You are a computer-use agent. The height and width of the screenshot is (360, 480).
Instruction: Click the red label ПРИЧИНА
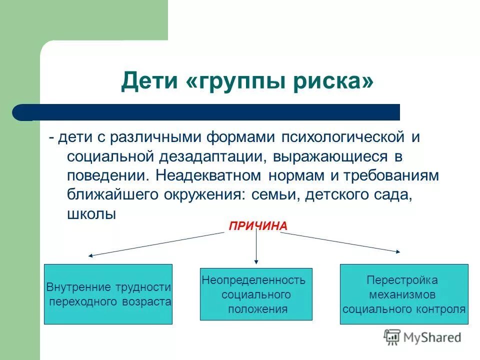pos(258,226)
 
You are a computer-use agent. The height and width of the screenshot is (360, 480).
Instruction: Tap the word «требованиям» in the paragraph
pos(391,176)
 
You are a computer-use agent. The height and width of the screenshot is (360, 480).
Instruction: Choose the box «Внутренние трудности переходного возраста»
pos(108,294)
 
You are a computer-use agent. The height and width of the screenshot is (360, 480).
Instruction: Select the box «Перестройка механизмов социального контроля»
pos(404,294)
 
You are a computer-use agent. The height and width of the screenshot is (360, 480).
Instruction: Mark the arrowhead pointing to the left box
pos(91,255)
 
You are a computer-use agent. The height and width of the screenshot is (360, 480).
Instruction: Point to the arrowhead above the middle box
pos(256,260)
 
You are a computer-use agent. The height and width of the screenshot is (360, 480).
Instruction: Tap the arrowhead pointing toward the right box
pos(398,252)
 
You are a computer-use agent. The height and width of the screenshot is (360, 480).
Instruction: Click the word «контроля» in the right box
pos(440,308)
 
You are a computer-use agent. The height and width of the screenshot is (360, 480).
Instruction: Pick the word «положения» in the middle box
pos(257,309)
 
